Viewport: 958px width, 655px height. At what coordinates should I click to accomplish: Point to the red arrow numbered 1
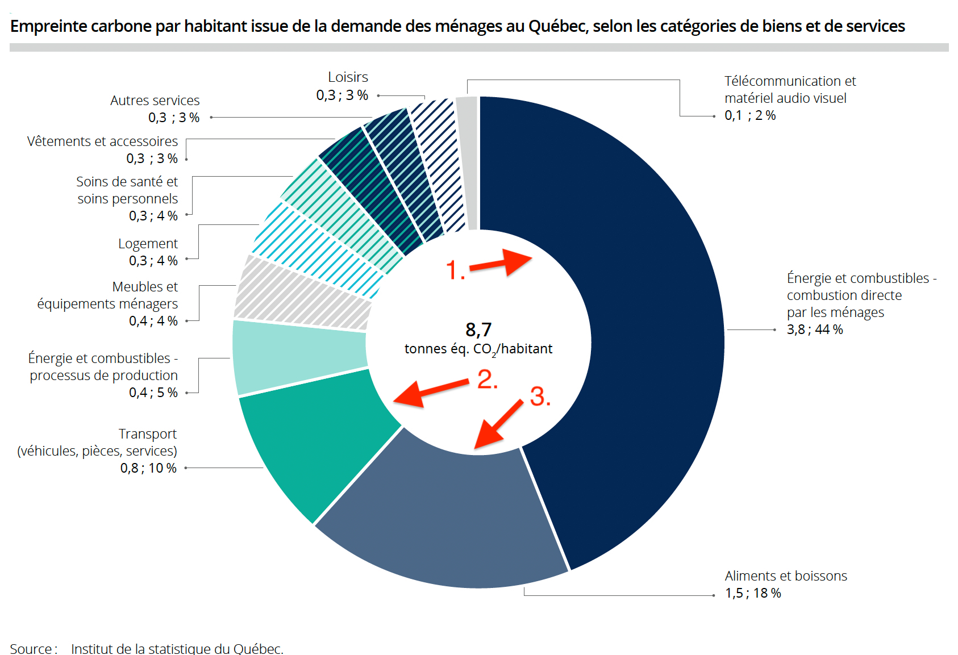coord(501,262)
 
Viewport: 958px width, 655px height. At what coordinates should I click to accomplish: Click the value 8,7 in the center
coord(478,329)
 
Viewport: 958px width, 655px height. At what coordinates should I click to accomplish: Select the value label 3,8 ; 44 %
coord(814,329)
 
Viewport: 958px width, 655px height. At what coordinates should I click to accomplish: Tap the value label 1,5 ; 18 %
coord(753,593)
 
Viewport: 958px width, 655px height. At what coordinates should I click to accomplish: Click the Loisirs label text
coord(348,77)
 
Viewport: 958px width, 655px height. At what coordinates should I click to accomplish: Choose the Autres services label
coord(155,101)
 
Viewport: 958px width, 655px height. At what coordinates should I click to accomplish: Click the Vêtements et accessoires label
coord(102,141)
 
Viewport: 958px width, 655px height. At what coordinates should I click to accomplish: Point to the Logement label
coord(148,244)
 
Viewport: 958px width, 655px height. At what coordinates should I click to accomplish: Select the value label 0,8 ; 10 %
coord(148,468)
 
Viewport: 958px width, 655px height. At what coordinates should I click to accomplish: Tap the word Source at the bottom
coord(31,648)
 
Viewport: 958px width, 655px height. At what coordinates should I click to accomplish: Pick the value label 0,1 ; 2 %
coord(750,115)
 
